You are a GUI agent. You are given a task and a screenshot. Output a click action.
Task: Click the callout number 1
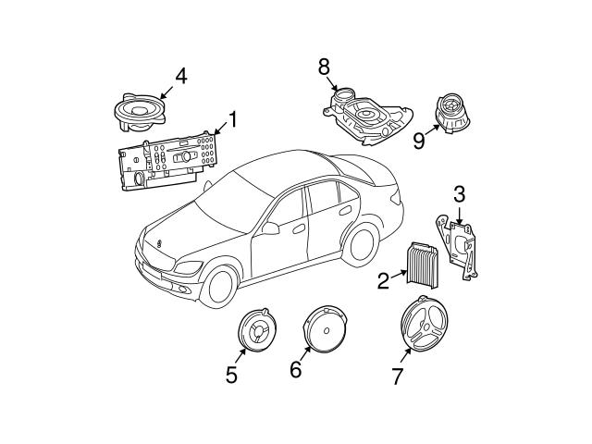coord(232,118)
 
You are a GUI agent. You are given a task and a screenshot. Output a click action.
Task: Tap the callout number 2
coord(383,279)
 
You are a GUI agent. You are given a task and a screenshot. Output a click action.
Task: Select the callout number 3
coord(460,193)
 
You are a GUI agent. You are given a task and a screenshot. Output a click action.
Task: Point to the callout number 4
coord(181,77)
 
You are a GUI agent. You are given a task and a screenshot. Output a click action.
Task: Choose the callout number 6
coord(295,370)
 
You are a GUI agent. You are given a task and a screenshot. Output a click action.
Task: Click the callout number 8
coord(324,67)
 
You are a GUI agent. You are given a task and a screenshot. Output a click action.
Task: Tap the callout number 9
coord(419,140)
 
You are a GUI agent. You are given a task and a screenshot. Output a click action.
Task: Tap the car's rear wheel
coord(363,240)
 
